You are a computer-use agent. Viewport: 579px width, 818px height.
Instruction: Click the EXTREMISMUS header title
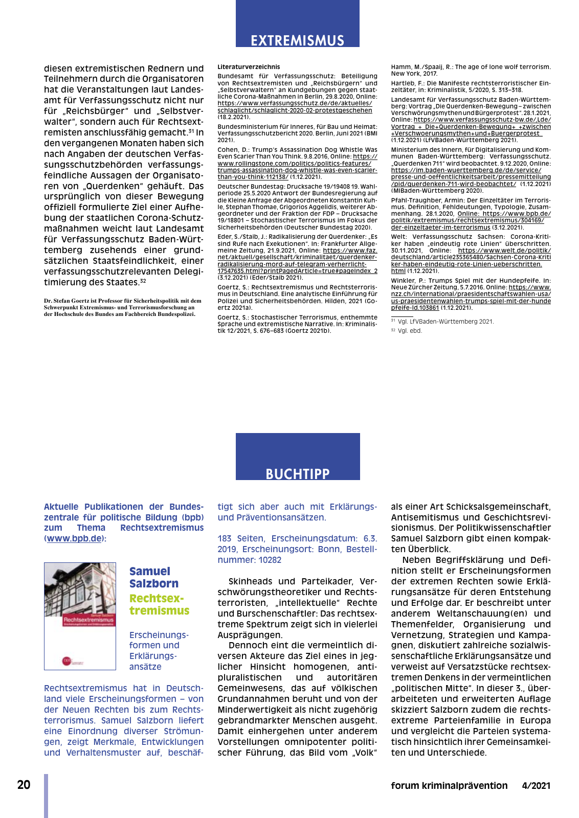(297, 40)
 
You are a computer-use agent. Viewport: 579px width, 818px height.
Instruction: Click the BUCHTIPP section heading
(297, 474)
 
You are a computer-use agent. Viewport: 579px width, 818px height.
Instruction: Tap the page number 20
(24, 785)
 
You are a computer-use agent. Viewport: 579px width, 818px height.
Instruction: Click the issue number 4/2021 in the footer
(536, 786)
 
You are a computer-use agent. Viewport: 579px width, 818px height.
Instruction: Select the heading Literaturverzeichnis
(249, 67)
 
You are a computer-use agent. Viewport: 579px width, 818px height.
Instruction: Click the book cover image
(80, 616)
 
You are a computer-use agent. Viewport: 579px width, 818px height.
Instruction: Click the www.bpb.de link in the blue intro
(74, 538)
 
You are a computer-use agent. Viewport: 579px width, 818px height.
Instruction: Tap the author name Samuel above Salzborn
(149, 572)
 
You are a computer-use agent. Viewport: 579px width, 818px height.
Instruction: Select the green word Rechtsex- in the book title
(156, 598)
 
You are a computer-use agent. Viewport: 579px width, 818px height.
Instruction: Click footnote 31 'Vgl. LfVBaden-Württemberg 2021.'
(442, 322)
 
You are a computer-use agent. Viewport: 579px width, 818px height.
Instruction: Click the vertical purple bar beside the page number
(46, 796)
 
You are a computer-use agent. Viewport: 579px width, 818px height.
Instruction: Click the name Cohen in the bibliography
(228, 150)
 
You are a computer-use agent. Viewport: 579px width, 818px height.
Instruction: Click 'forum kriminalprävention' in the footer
(449, 786)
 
